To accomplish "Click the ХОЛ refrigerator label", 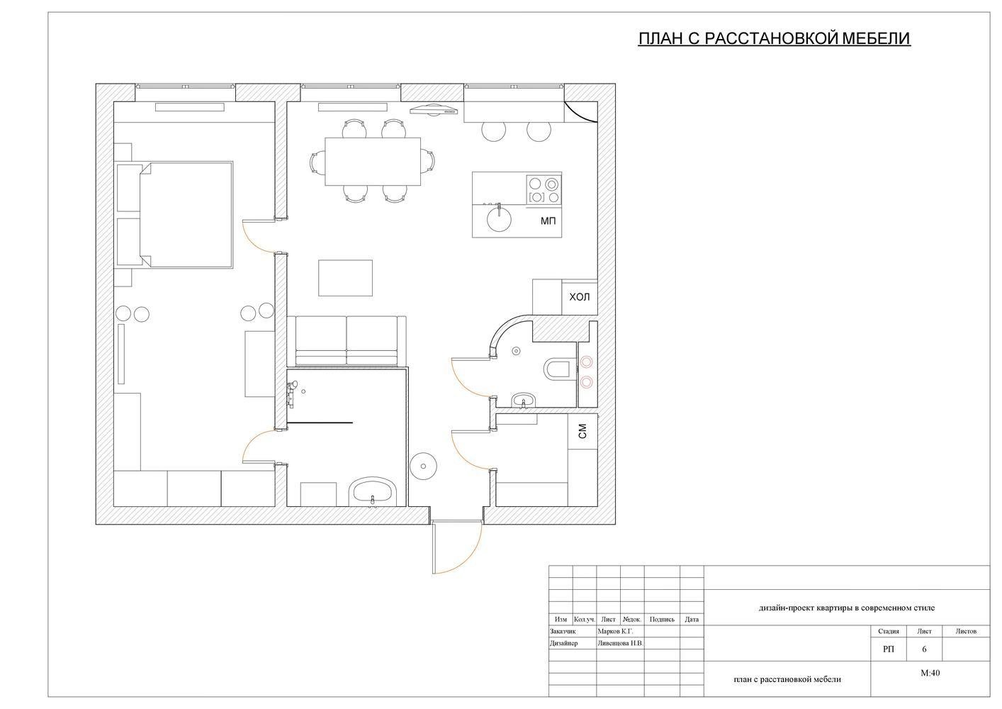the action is point(579,297).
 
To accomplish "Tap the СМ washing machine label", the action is point(582,432).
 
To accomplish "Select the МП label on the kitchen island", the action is point(548,220).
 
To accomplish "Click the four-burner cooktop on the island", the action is point(544,190).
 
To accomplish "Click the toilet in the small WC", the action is point(556,369).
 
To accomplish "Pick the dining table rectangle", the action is point(373,162).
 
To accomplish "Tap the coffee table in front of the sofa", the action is point(345,278).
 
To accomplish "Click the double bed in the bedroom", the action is point(186,216).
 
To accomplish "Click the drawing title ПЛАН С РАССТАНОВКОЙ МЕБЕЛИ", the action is point(775,38).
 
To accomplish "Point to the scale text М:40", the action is point(930,673).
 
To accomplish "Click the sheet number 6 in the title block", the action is point(924,649).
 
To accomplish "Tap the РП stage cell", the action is point(889,649).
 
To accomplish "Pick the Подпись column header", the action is point(662,620).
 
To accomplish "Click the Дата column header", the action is point(692,620).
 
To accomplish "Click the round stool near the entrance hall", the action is point(423,466).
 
